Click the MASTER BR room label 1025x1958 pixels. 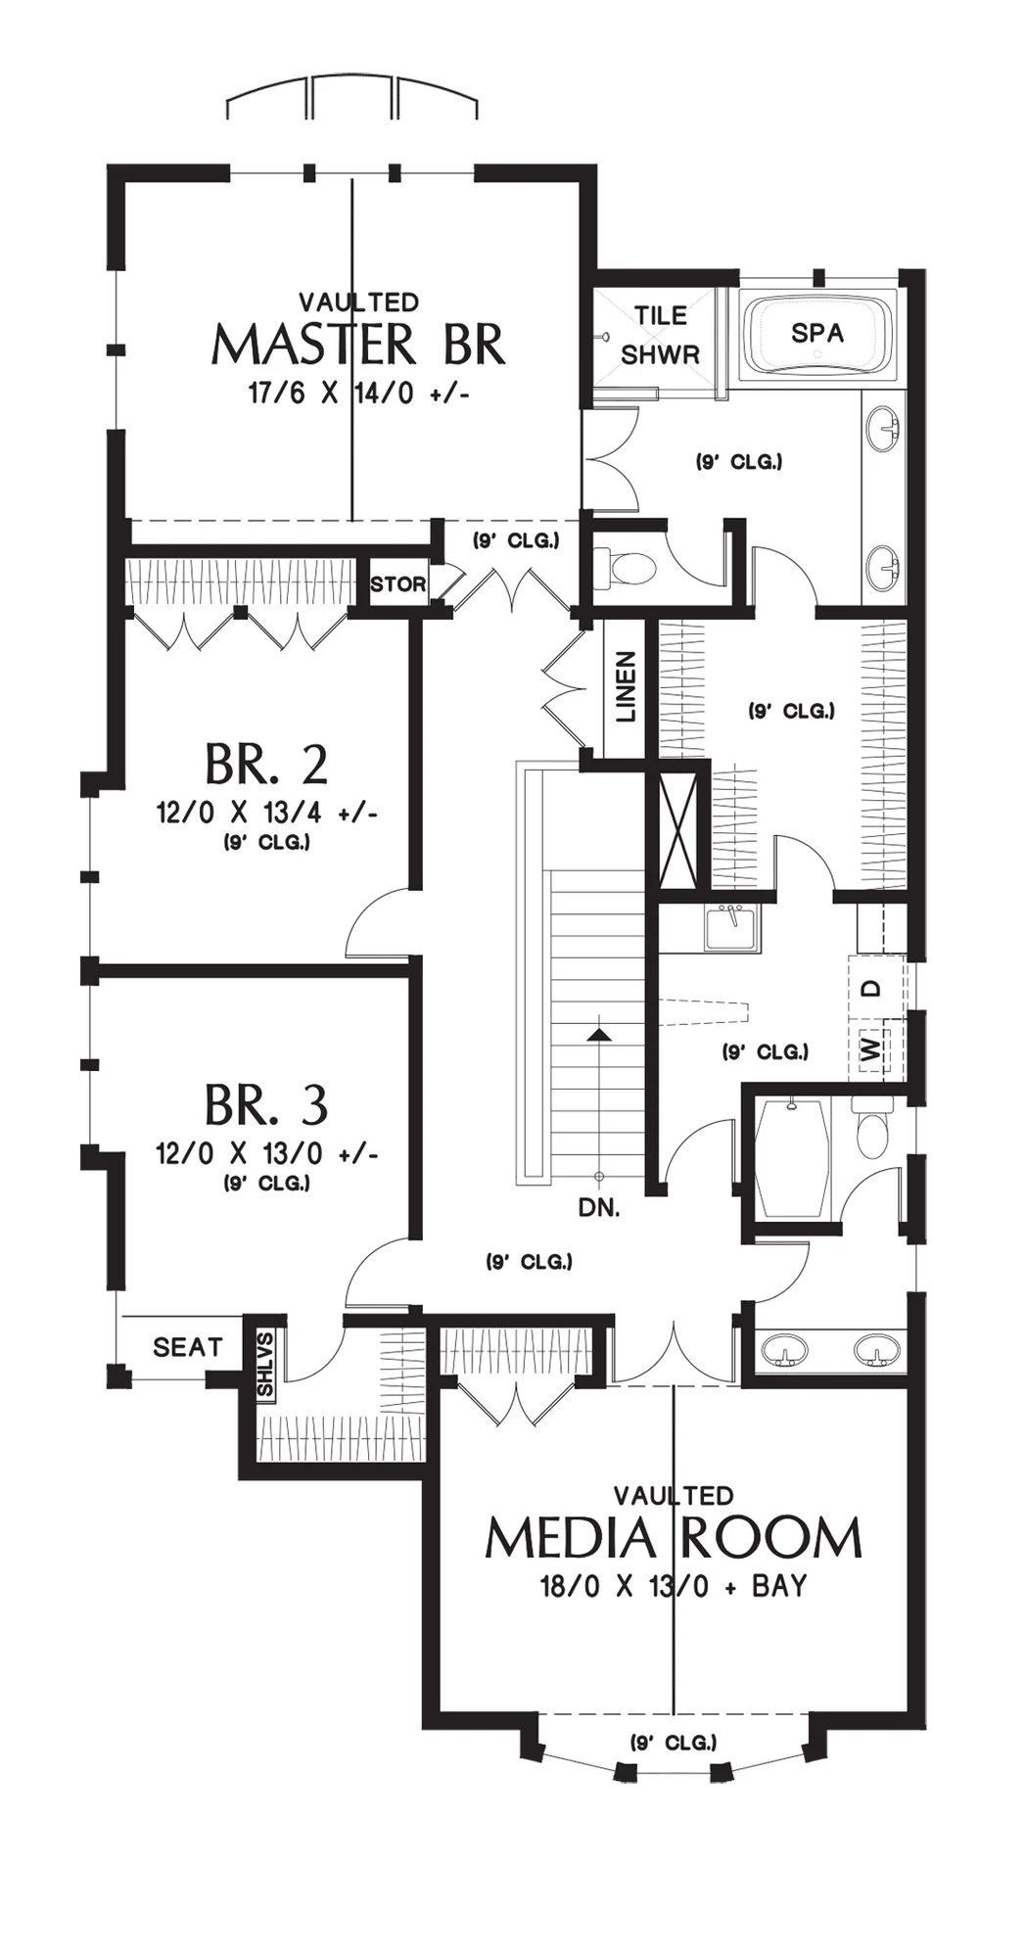coord(358,345)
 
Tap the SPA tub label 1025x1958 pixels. coord(817,333)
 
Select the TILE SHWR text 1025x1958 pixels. coord(661,335)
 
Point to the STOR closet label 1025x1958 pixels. coord(398,584)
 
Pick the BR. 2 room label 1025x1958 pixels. coord(266,765)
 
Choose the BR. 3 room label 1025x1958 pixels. coord(266,1105)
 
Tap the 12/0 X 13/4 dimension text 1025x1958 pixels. coord(267,813)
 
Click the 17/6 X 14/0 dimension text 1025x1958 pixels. coord(359,394)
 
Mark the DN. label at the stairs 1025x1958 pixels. coord(599,1208)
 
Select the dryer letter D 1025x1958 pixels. coord(872,989)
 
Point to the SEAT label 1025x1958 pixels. coord(188,1347)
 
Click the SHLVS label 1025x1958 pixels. coord(265,1363)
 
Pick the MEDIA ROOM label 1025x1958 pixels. coord(674,1538)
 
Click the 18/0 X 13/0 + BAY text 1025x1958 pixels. coord(674,1586)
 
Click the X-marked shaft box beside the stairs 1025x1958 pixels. coord(678,830)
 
